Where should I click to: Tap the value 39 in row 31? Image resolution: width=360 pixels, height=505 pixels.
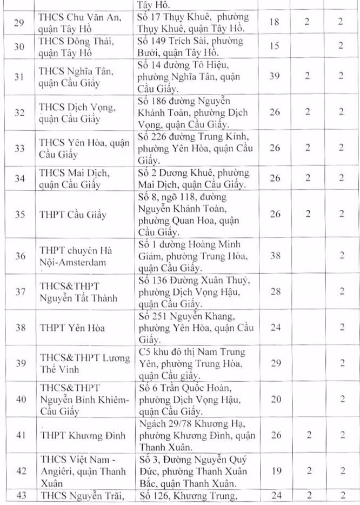tap(275, 76)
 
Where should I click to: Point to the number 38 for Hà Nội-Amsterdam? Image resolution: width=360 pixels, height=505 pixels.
tap(275, 256)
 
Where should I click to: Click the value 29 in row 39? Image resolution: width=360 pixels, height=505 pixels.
tap(275, 362)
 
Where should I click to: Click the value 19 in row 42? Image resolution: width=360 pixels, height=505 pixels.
tap(275, 471)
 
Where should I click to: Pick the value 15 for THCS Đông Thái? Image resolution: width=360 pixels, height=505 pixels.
tap(274, 46)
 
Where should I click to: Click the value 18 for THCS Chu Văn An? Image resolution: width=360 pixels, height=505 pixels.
tap(274, 23)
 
